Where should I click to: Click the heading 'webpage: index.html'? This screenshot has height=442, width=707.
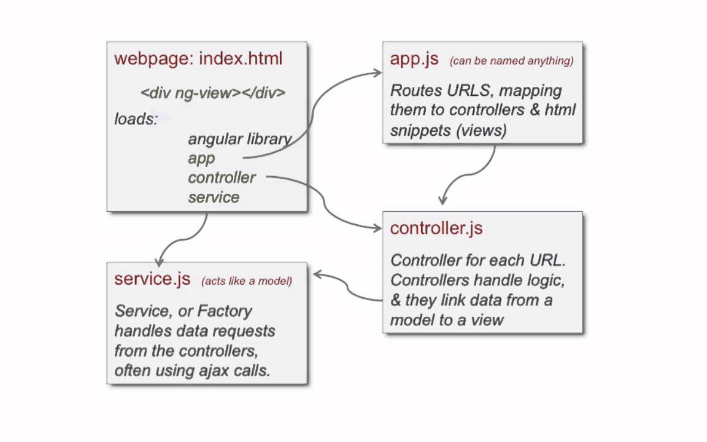[198, 59]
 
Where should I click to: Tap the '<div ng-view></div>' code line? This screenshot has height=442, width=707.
[213, 93]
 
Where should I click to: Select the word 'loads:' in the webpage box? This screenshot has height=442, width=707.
[136, 118]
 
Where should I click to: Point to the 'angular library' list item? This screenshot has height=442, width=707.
[239, 139]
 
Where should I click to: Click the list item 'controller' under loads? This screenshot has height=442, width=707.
[222, 177]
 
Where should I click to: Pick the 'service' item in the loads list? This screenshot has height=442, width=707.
[214, 197]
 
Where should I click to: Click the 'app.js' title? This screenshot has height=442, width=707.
[414, 58]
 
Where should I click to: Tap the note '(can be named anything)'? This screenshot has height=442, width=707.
[511, 61]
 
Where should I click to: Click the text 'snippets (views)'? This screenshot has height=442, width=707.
[448, 130]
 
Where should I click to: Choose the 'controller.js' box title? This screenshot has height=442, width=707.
[436, 228]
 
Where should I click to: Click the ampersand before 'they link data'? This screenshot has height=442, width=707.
[396, 300]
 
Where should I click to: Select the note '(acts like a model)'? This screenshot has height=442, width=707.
[247, 281]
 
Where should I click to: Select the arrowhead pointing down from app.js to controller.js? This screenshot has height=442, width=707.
[442, 200]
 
